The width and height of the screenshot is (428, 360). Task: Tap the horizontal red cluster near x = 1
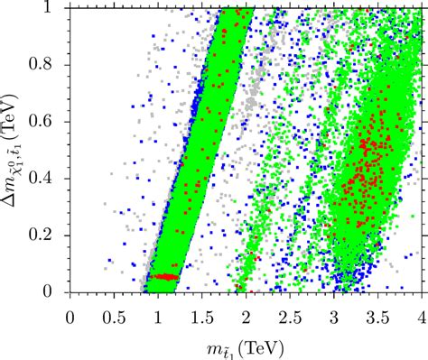point(163,277)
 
